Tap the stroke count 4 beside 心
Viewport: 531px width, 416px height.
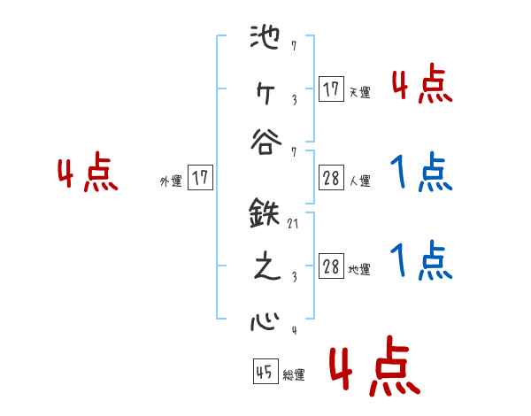tap(293, 330)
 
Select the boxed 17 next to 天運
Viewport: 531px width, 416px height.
tap(331, 89)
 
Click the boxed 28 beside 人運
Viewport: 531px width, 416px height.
tap(331, 178)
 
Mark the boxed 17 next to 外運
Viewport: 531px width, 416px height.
tap(200, 178)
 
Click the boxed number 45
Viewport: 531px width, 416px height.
tap(265, 372)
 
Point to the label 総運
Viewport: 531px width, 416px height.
tap(294, 375)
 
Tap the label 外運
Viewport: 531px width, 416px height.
tap(171, 181)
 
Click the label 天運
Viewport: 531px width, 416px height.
tap(360, 92)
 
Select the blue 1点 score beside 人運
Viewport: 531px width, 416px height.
tap(421, 173)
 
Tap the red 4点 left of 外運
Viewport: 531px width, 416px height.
tap(88, 173)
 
